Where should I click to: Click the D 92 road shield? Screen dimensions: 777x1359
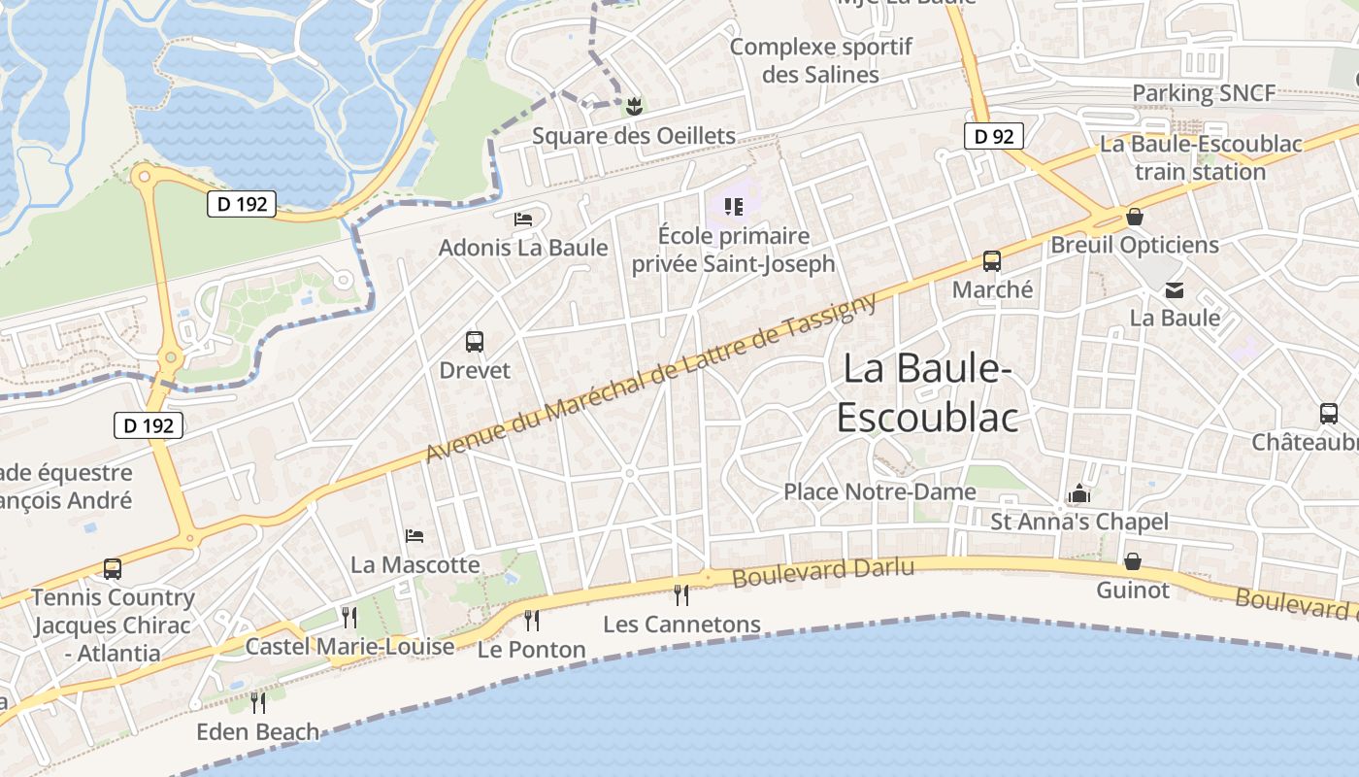994,137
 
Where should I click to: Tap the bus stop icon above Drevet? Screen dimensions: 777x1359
475,342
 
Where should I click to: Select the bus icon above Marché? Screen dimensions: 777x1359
991,261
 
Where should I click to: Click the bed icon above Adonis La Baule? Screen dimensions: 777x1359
523,220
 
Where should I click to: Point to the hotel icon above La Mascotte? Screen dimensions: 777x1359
414,536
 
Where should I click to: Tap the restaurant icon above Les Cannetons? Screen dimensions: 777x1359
681,593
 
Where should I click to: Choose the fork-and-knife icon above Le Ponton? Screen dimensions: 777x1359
531,619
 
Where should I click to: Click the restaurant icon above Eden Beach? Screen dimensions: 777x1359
257,701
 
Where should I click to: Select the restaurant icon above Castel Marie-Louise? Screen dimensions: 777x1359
349,616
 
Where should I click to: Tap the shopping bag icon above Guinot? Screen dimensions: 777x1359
1133,561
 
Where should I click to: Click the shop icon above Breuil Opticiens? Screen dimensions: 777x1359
1134,217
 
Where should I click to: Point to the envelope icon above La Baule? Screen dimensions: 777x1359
1175,289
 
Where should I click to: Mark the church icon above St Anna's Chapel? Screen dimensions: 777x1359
1078,494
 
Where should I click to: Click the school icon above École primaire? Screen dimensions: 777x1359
733,206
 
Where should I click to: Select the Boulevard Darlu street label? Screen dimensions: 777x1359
823,571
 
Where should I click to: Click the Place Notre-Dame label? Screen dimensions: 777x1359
879,492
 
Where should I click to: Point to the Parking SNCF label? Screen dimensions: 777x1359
1203,93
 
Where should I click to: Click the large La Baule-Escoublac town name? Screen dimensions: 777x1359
927,392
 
